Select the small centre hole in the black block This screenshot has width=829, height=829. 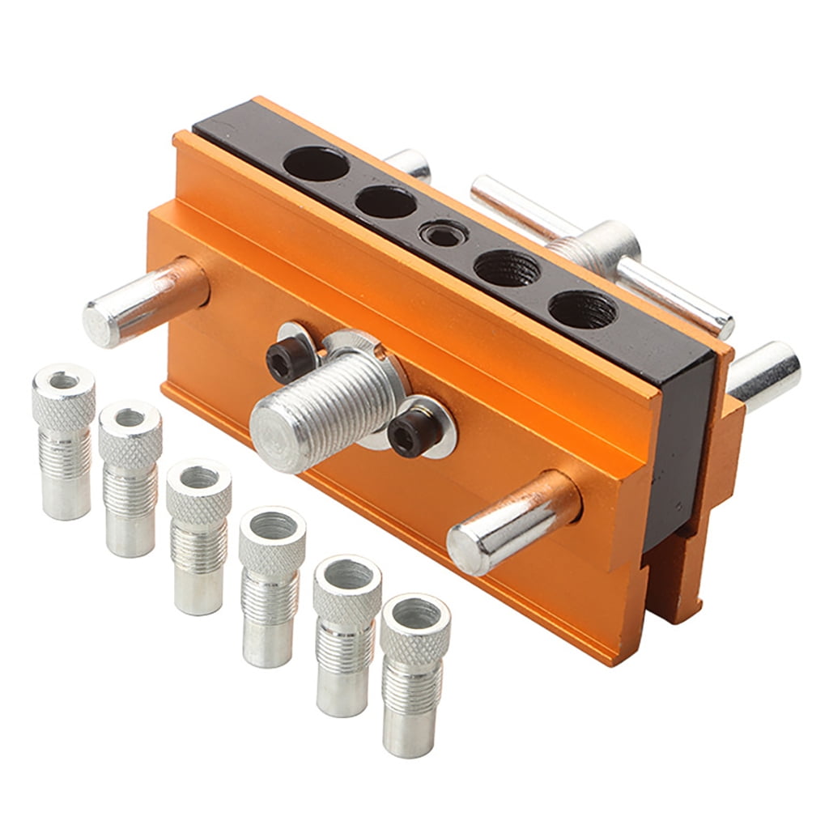(x=443, y=235)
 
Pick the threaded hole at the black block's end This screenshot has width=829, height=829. (x=581, y=308)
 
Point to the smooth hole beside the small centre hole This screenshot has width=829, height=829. (x=385, y=202)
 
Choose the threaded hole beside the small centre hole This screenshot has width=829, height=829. (x=507, y=267)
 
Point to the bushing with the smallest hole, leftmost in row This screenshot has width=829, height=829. (x=64, y=437)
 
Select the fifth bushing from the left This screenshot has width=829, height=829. (x=346, y=631)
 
